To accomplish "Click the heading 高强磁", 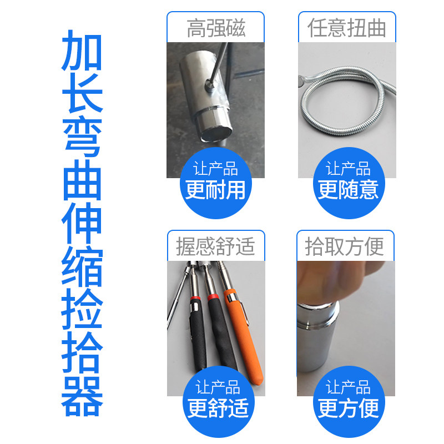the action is [x=216, y=28].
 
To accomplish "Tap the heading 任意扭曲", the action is [x=346, y=28].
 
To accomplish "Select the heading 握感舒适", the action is [x=215, y=246].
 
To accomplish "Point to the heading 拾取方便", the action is [x=344, y=246].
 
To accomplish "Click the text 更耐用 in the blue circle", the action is [x=215, y=190].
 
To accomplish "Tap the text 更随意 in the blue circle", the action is [x=348, y=190].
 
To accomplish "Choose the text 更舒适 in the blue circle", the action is [x=218, y=408].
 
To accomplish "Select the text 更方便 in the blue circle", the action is [x=349, y=408].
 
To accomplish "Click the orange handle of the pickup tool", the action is [x=244, y=337].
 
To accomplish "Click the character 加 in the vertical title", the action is [x=82, y=51].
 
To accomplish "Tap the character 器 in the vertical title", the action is [x=82, y=397].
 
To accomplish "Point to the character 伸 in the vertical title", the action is [x=82, y=223].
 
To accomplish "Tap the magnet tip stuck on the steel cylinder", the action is [x=210, y=84].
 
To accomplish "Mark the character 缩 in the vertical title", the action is [x=82, y=266].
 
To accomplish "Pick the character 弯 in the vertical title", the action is [x=82, y=137].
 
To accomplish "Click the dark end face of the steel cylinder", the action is [x=216, y=133].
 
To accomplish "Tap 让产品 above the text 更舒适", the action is [x=218, y=387].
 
